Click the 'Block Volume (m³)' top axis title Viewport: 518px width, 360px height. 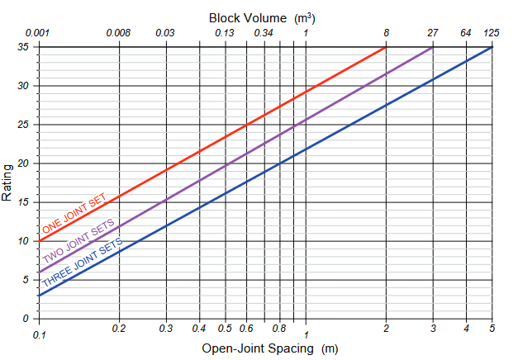261,16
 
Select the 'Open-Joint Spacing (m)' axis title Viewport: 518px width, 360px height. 270,348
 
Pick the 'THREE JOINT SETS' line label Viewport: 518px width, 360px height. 83,263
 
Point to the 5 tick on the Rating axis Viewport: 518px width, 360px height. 26,280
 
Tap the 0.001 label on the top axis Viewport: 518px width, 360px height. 38,33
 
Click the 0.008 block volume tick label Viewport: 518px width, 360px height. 119,33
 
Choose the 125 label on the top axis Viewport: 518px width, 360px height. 492,33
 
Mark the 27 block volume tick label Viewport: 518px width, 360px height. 433,33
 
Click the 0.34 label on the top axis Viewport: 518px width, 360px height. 264,33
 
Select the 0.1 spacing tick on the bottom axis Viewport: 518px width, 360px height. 39,334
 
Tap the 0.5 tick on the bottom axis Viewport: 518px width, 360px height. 225,329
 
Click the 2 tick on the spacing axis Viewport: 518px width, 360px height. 386,329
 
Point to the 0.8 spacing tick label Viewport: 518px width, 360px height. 280,329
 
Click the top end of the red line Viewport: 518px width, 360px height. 386,47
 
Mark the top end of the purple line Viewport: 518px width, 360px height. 433,47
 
